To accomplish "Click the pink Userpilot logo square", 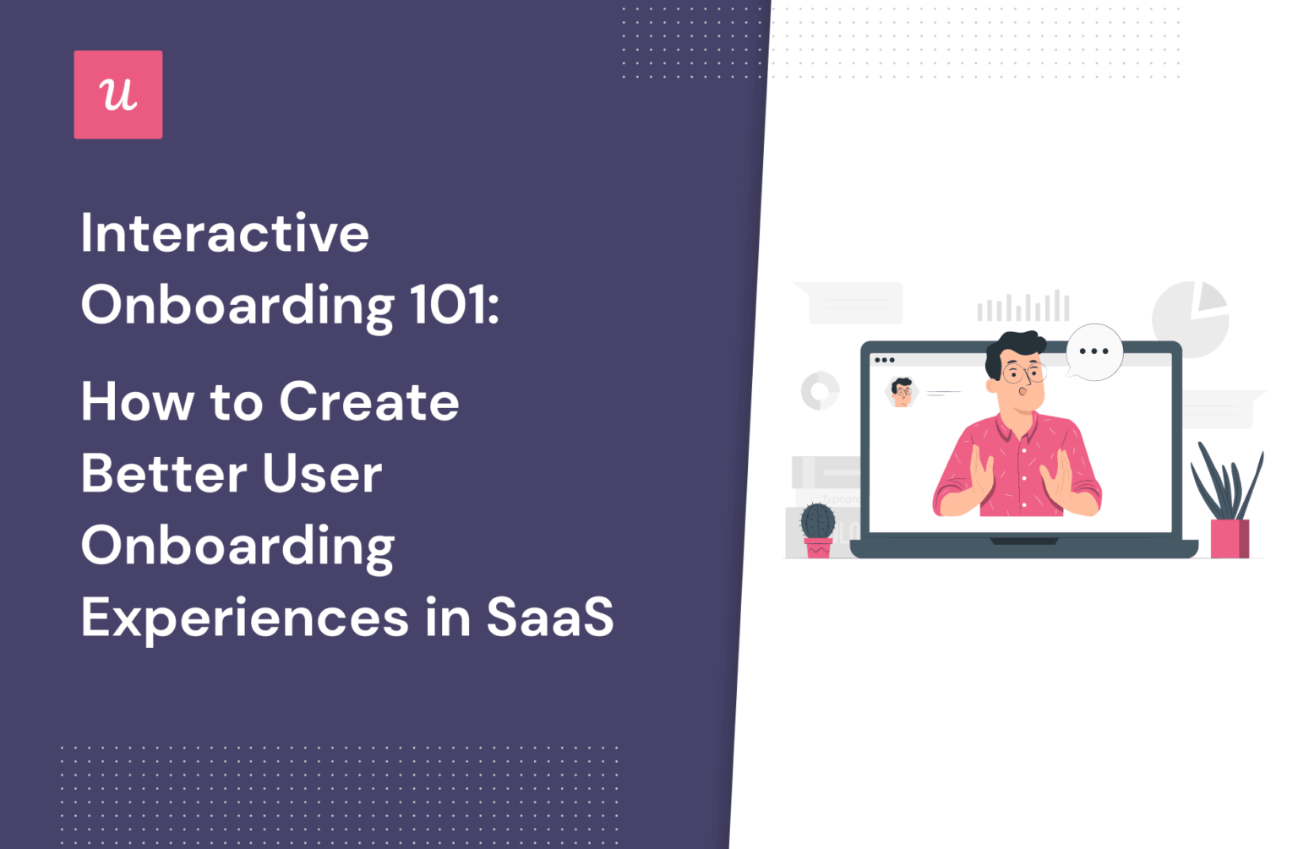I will pos(118,95).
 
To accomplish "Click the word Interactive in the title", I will pos(225,233).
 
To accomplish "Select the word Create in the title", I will pos(369,401).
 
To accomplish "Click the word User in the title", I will pos(322,473).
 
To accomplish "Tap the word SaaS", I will pos(549,618).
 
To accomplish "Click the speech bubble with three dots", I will pos(1094,351).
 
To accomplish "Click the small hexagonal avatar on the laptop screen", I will pos(903,392).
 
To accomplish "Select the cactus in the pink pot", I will pos(817,522).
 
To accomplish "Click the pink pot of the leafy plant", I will pos(1230,538).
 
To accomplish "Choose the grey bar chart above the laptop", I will pos(1023,307).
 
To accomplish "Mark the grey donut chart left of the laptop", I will pos(820,390).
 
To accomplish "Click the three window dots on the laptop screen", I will pos(885,360).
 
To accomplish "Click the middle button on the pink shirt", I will pos(1023,478).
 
